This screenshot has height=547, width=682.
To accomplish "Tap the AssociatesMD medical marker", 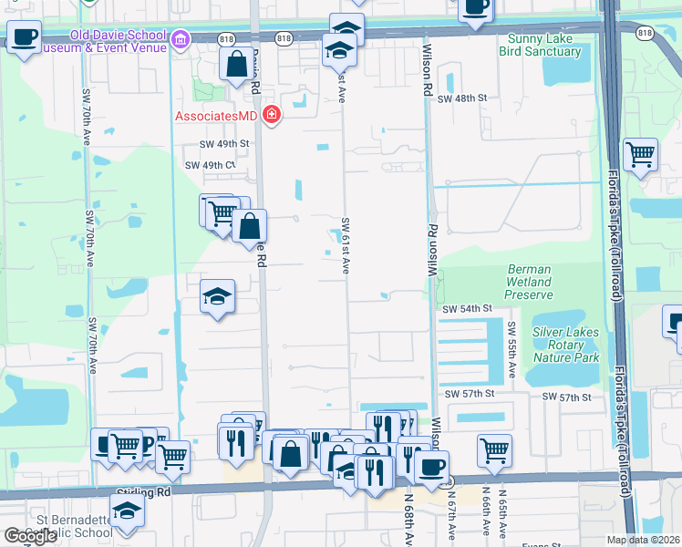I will (271, 115).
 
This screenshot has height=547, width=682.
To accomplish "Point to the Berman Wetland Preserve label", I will (529, 282).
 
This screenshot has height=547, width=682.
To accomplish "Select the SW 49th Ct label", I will (211, 165).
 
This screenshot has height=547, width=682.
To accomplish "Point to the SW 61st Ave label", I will (346, 245).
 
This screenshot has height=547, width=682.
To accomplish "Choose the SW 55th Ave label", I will (511, 351).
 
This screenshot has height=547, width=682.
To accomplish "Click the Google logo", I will (30, 536).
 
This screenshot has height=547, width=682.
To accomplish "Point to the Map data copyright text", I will (642, 540).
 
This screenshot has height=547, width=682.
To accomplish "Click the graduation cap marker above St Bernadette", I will (127, 510).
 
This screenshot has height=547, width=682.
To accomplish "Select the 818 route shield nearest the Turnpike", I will (646, 33).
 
